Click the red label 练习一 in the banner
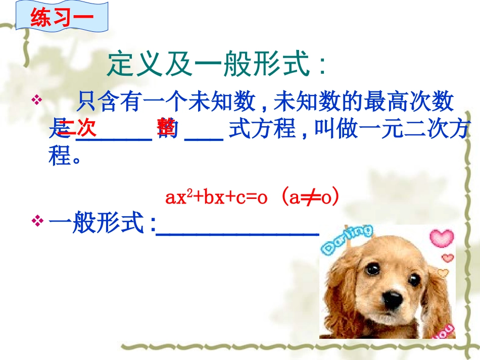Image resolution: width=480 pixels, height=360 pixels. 62,17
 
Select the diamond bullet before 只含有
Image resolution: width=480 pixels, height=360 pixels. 37,100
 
